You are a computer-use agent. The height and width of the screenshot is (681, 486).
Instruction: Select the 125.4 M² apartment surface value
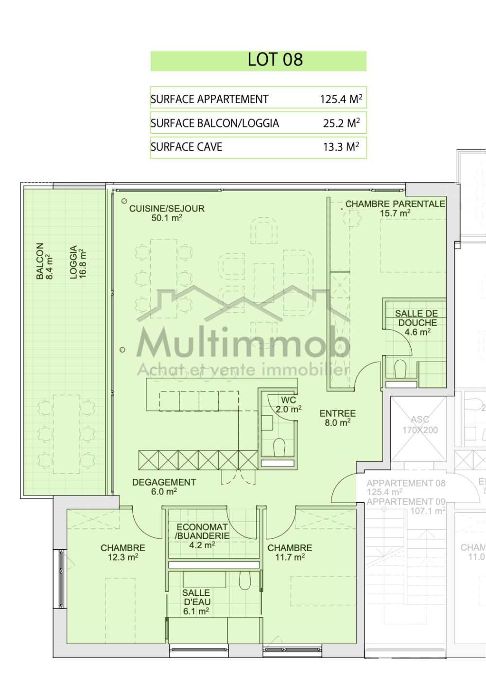point(341,99)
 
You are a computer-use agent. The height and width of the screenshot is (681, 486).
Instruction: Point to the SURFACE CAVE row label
point(187,147)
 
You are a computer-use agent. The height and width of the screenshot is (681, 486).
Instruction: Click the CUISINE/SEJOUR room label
point(167,213)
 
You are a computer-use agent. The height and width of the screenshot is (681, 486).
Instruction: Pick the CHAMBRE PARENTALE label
point(395,208)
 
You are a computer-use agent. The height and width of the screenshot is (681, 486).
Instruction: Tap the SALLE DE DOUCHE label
point(417,323)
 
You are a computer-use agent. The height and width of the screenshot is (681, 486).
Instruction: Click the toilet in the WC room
point(279,448)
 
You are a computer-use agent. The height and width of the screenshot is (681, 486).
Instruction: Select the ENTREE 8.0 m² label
point(337,418)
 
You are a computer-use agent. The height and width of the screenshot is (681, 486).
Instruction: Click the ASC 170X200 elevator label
point(419,425)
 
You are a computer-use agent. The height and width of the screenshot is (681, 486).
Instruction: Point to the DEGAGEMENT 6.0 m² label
point(164,487)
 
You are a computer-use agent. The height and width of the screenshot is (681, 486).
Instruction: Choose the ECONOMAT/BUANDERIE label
point(202,536)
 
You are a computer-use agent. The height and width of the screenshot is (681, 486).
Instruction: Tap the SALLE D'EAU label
point(196,602)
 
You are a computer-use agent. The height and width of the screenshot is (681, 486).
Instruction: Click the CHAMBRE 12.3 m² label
point(122,552)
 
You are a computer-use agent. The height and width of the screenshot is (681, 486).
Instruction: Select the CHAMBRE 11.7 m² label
point(290,552)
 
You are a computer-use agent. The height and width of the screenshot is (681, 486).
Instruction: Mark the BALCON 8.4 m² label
point(43,261)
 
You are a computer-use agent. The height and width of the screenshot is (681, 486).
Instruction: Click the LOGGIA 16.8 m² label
point(77,262)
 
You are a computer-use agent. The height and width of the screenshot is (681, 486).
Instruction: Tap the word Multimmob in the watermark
point(243,344)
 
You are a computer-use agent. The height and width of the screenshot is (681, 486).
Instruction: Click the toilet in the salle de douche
point(400,368)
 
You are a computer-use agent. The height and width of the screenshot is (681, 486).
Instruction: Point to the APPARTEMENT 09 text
point(406,502)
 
